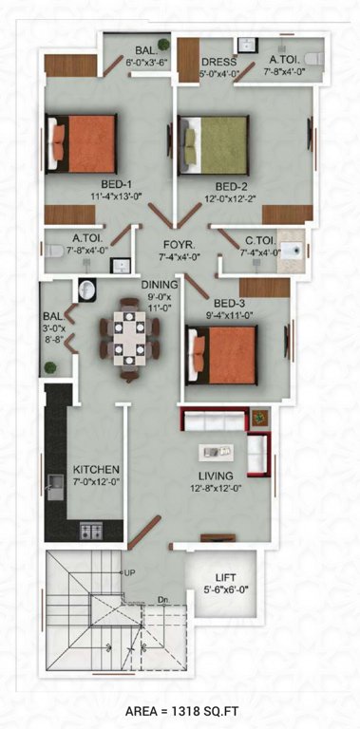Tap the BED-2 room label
coord(233,185)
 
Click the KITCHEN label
coord(96,470)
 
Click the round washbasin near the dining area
coord(85,290)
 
